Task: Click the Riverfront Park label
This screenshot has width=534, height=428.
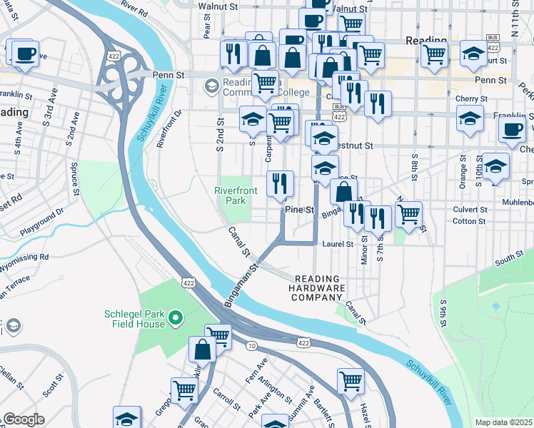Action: click(x=232, y=195)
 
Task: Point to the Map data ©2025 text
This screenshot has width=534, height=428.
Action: click(x=504, y=422)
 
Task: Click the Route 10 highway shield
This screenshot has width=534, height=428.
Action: click(x=252, y=346)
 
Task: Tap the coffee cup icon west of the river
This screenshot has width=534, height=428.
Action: click(x=24, y=53)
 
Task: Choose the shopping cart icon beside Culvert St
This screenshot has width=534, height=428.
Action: click(x=408, y=213)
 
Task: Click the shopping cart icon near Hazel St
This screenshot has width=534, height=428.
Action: click(x=351, y=381)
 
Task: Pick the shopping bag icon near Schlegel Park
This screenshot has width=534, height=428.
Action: click(x=202, y=350)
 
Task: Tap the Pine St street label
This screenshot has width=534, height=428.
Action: click(x=300, y=210)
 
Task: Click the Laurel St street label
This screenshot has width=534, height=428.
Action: click(x=338, y=244)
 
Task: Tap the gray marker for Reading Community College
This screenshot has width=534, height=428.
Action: click(x=211, y=86)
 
